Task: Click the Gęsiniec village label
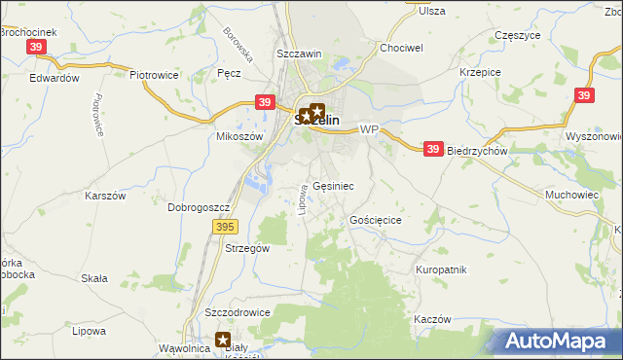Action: (x=334, y=185)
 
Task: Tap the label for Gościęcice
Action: (x=376, y=221)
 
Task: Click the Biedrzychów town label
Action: (x=478, y=152)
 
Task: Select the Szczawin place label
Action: (x=299, y=54)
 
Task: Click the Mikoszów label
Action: (x=240, y=137)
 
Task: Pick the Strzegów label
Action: (x=247, y=248)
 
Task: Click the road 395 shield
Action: (x=225, y=226)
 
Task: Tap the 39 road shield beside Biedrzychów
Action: (x=434, y=149)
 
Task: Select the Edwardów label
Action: (x=54, y=78)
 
